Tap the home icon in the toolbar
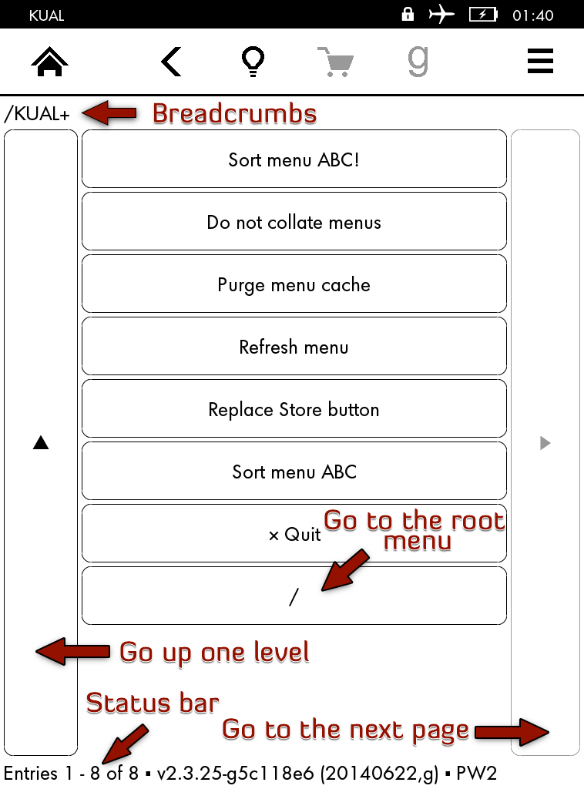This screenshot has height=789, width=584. pos(49,62)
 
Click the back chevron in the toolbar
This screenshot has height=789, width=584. pos(171,62)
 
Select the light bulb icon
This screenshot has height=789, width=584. pos(253,62)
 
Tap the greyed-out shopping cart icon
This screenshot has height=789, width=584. pos(336,62)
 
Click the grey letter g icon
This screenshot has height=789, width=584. pos(418,62)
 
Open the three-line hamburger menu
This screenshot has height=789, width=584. pos(540,61)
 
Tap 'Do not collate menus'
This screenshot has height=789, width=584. pos(294,222)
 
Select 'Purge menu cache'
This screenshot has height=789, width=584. pos(294,285)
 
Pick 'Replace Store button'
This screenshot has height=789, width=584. pos(294,409)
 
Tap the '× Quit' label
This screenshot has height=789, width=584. pos(295,535)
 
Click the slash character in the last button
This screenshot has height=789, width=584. pos(294,597)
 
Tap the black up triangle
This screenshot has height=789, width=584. pos(41,442)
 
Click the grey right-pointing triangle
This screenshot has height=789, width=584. pos(545,443)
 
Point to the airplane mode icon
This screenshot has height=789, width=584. pos(441,14)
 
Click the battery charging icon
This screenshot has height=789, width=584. pos(483,15)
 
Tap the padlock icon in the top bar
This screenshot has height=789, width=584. pos(408,14)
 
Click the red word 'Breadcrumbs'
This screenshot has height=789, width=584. pos(234,113)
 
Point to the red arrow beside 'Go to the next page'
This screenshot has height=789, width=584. pos(512,732)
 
